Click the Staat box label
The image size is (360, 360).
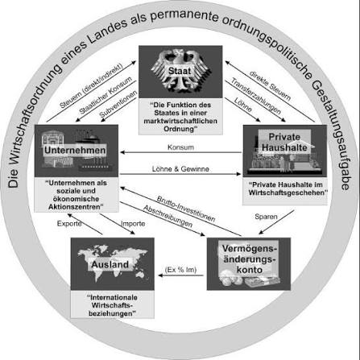(x=180, y=71)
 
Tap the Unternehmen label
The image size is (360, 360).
(x=75, y=150)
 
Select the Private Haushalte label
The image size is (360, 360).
(x=284, y=142)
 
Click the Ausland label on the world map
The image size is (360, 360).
(x=110, y=264)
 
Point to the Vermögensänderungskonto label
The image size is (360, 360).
(x=249, y=259)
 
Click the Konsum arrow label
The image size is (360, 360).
(x=180, y=147)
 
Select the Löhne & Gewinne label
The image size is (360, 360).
(x=180, y=169)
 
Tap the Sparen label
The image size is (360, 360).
(x=266, y=217)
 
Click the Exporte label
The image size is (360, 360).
(x=69, y=223)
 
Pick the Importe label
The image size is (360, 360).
(x=133, y=224)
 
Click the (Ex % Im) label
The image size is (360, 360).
(x=180, y=270)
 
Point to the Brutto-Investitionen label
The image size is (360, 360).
(x=186, y=209)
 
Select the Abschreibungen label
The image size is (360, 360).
(x=168, y=217)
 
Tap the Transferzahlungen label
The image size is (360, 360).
(x=256, y=96)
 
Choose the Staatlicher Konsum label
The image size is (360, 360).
(x=106, y=95)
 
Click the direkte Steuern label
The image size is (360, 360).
(x=270, y=86)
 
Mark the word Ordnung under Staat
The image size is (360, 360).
(x=179, y=129)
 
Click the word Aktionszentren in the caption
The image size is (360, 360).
(x=77, y=207)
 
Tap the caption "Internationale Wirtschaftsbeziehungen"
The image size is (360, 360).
(x=112, y=305)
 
